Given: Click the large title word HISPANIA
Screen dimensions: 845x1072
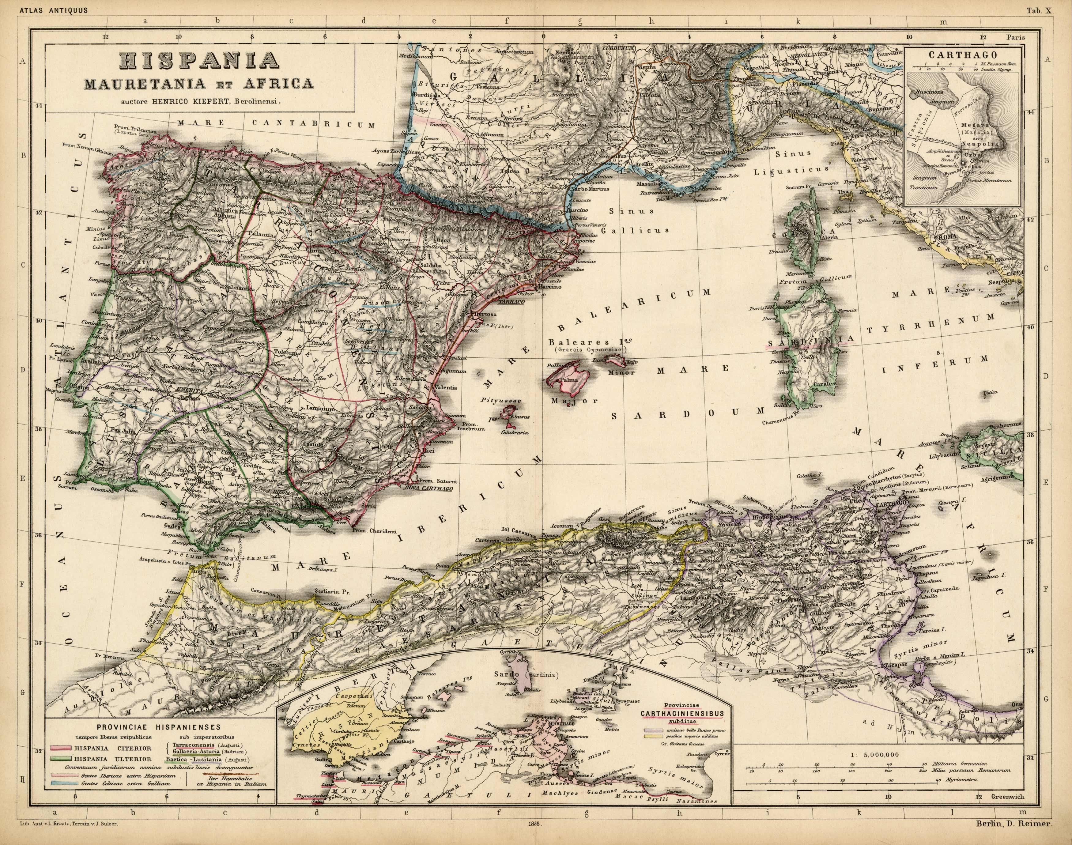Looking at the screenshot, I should (x=199, y=61).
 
